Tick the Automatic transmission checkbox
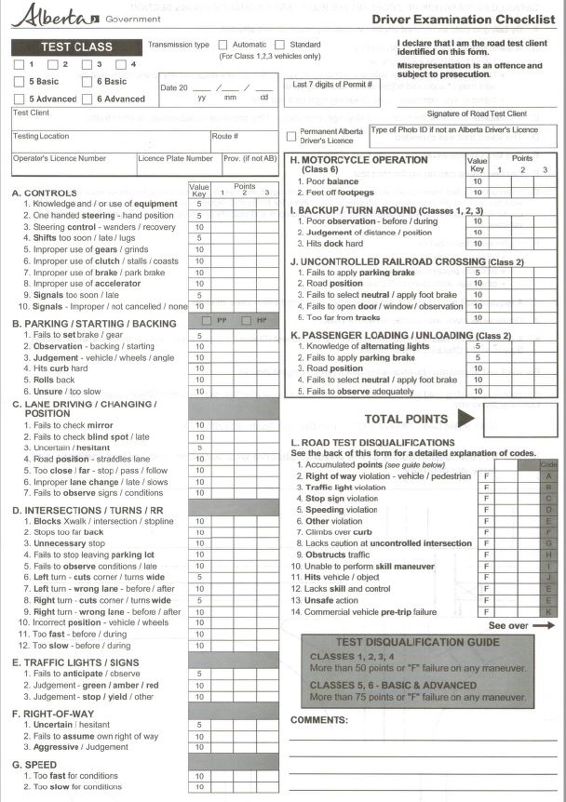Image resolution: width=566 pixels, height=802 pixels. pos(222,45)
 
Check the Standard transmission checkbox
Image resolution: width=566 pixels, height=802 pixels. pos(279,45)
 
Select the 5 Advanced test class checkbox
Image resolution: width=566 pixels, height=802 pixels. pos(20,99)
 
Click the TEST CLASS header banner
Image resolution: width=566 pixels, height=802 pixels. pos(76,47)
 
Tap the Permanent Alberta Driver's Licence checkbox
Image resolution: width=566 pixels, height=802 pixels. pos(291,136)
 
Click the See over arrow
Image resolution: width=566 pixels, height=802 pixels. pos(544,626)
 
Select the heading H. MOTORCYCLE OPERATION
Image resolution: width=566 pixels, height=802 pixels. pos(358,160)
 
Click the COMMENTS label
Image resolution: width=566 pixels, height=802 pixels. pos(319,719)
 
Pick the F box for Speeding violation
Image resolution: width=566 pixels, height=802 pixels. pos(486,510)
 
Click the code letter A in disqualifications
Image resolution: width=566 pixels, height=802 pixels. pos(549,475)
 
